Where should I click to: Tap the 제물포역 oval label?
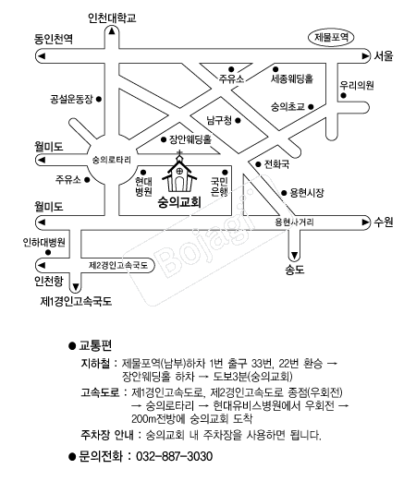tap(331, 38)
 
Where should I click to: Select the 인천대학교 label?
tap(112, 18)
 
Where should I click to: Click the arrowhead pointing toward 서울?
tap(365, 56)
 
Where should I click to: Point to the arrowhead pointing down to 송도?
tap(294, 256)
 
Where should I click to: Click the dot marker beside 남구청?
tap(238, 121)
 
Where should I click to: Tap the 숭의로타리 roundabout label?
tap(112, 160)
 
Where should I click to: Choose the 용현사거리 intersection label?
tap(294, 222)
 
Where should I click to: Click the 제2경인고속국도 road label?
tap(118, 265)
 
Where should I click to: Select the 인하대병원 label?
tap(44, 242)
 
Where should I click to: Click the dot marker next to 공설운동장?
tap(99, 99)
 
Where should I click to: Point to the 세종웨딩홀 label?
tap(292, 78)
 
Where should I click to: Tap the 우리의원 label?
tap(357, 85)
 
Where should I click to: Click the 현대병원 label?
tap(143, 186)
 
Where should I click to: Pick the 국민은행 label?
tap(219, 186)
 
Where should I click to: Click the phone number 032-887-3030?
tap(174, 456)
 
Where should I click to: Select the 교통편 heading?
tap(95, 345)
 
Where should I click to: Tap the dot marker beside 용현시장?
tap(284, 193)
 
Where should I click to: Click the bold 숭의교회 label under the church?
tap(179, 202)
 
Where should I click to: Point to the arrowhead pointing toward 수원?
tap(365, 222)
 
